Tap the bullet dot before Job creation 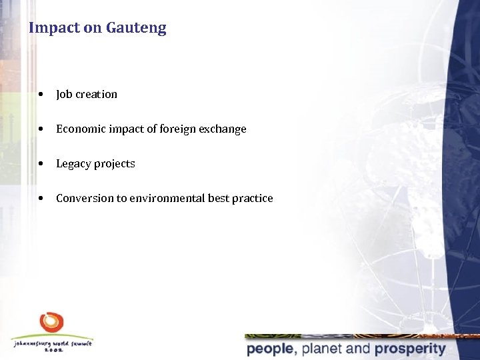tap(42, 94)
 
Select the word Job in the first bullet tap(64, 94)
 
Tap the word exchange tap(223, 129)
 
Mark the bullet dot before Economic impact tap(42, 129)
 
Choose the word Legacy tap(73, 163)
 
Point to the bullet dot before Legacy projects tap(42, 163)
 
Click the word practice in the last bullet tap(253, 198)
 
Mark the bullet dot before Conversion tap(42, 198)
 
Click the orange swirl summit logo tap(51, 323)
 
